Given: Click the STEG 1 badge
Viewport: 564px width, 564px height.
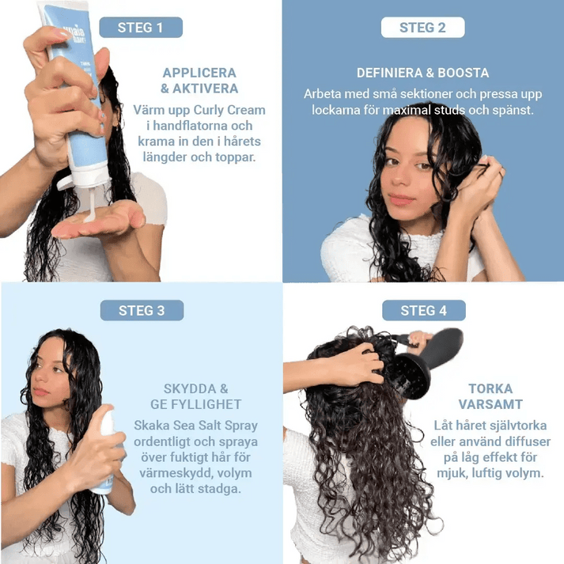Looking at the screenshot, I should (x=140, y=28).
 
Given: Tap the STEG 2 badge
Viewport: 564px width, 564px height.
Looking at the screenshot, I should (x=422, y=28).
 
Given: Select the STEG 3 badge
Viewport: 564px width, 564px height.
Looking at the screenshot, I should (x=142, y=310).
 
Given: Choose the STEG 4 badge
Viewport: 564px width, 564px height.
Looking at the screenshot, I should (x=423, y=310).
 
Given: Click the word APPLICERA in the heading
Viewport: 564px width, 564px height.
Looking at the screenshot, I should (x=199, y=72).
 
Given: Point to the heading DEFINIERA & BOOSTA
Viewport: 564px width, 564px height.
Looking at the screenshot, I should (x=422, y=72).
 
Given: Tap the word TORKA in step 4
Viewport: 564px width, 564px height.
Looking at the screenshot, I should (x=490, y=388).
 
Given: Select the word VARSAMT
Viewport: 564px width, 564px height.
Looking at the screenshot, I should (x=490, y=405).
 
